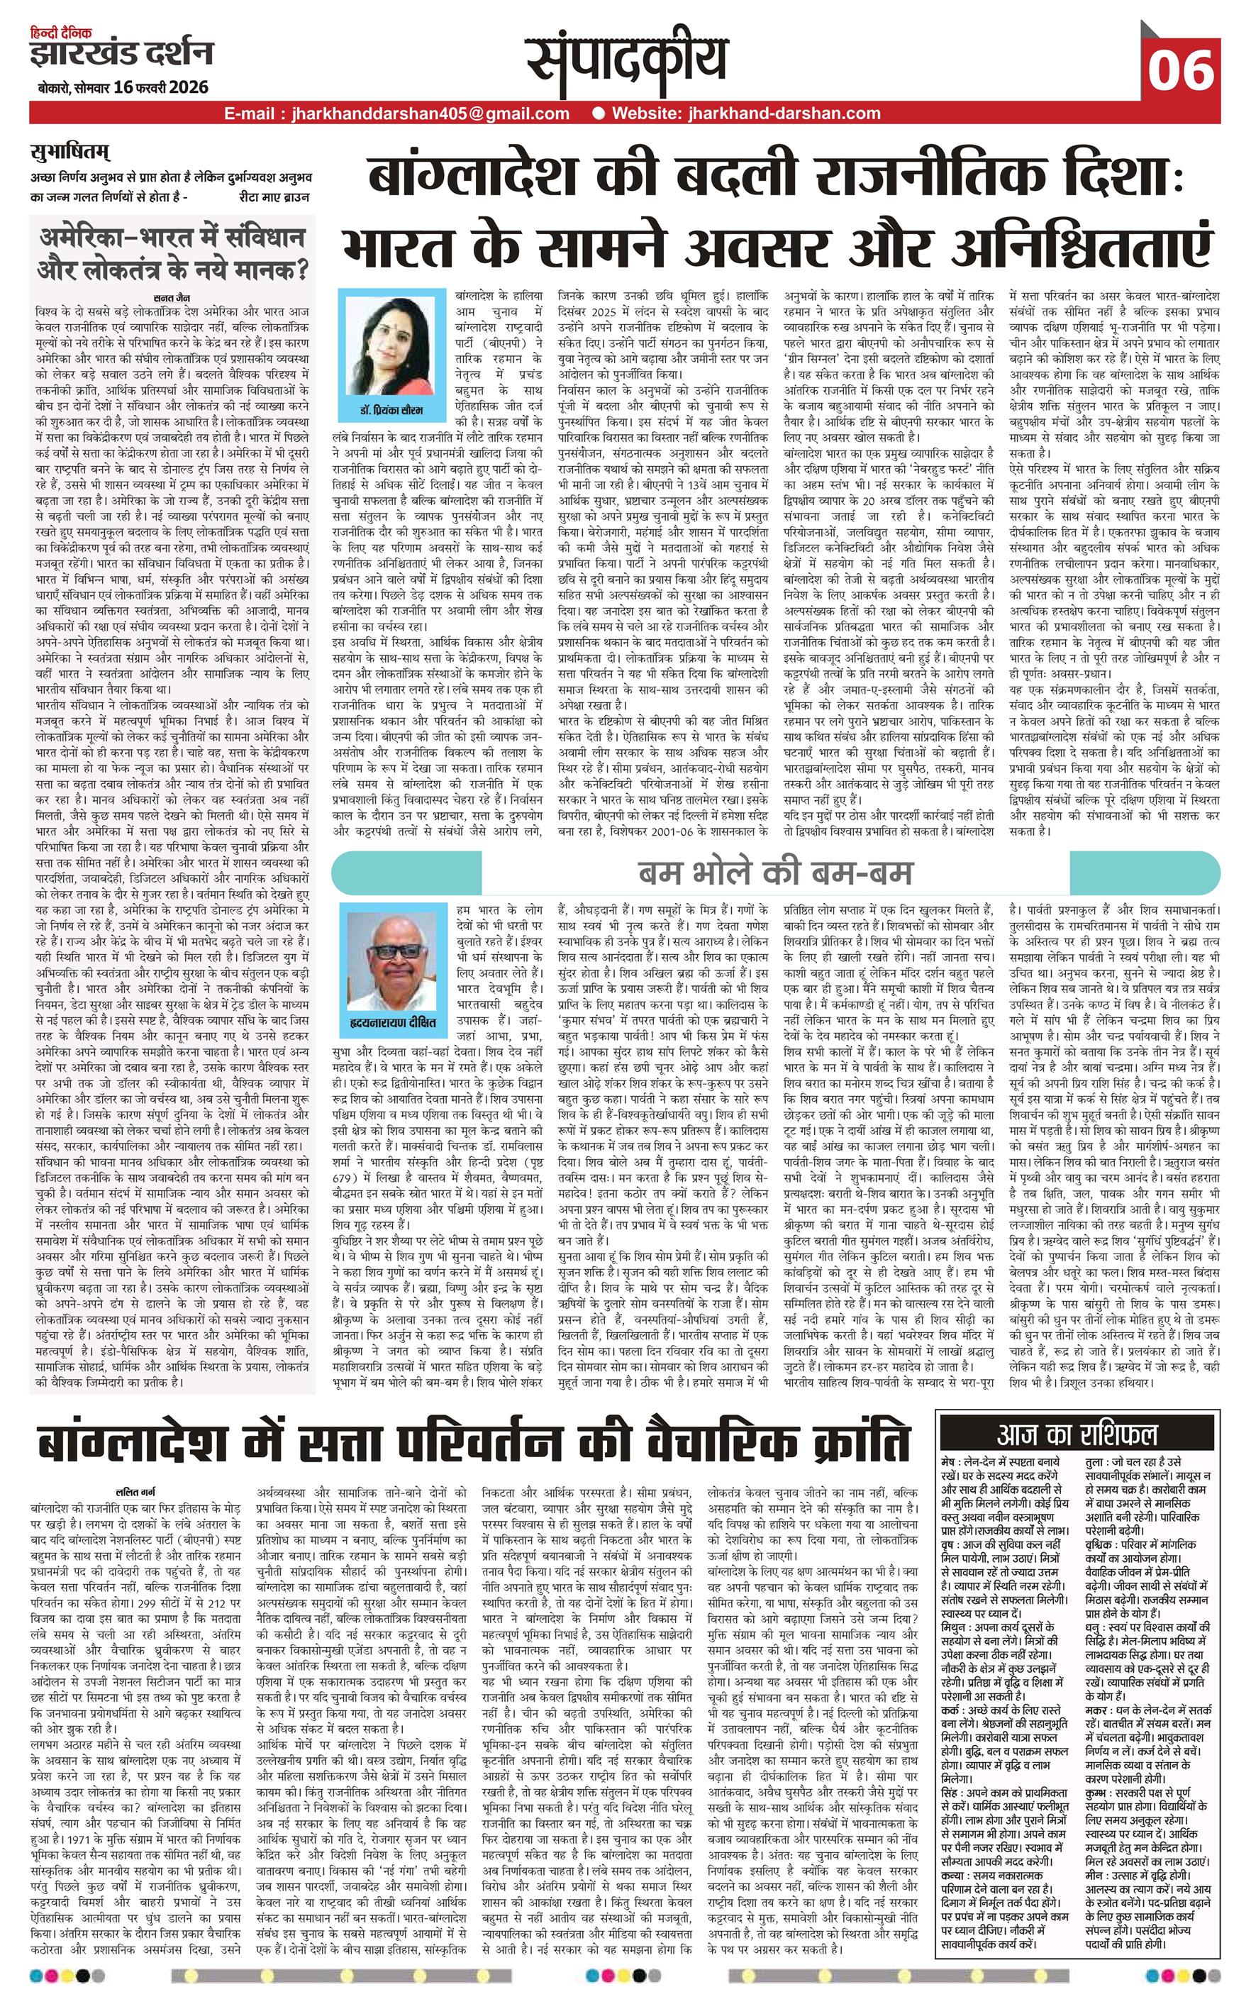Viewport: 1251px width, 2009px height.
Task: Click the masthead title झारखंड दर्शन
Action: (x=121, y=55)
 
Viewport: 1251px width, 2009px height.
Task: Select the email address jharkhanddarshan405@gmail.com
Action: (x=430, y=114)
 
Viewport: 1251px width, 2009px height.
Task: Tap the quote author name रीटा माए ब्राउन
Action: (x=274, y=198)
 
